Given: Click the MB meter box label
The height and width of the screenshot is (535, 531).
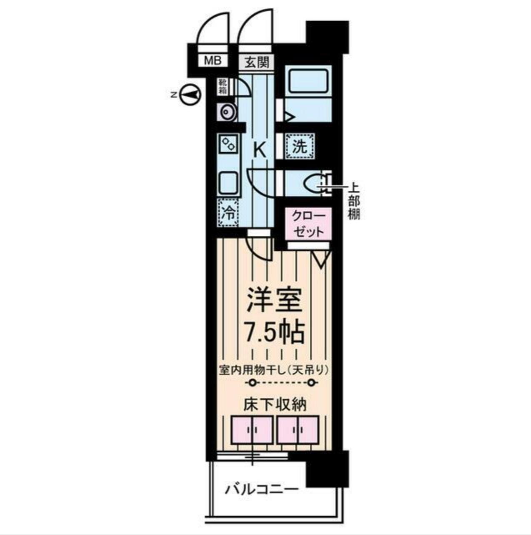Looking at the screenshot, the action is coord(213,61).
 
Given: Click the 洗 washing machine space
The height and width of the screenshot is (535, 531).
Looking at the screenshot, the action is coord(300,146).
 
